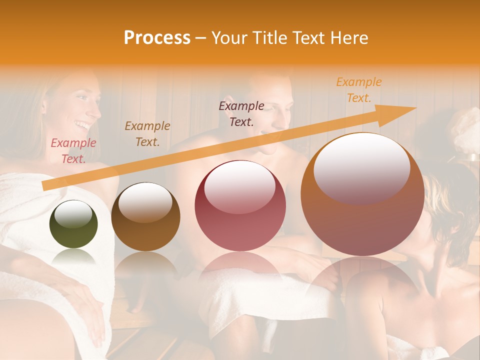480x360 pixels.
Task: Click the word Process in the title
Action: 157,38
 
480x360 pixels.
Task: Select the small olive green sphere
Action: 73,224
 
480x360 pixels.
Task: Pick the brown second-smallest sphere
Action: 145,216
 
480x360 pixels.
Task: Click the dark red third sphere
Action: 240,205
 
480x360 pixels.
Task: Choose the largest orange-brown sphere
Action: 362,194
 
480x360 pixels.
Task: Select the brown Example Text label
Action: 147,134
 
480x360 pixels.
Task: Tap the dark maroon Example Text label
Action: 241,114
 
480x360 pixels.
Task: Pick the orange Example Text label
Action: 359,90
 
